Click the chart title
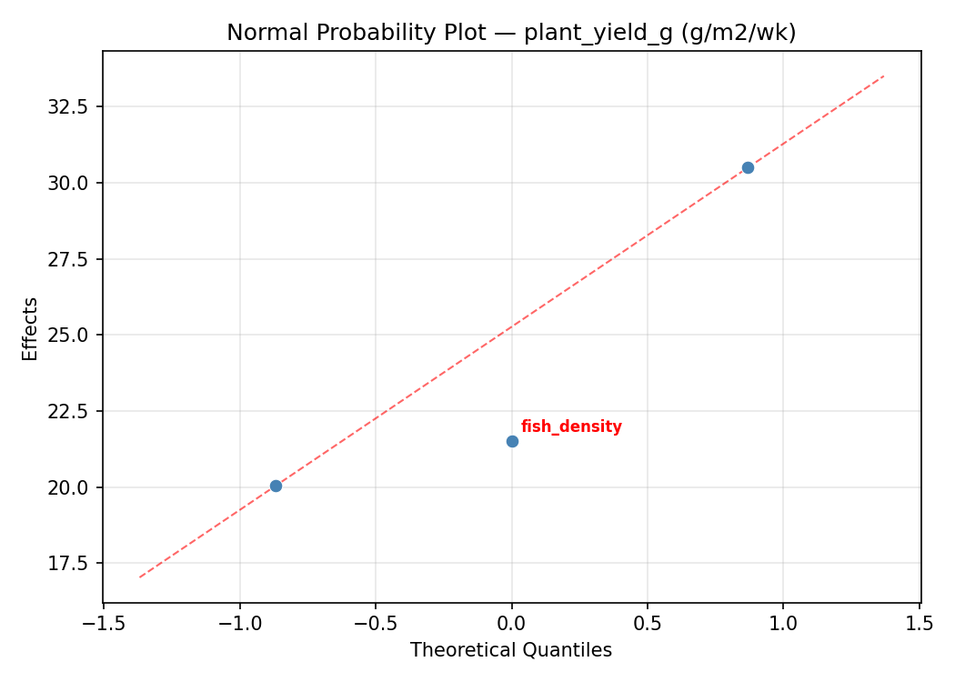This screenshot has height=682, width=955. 511,33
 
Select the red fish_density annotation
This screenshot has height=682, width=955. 571,426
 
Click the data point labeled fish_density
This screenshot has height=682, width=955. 512,441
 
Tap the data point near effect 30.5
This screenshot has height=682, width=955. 748,167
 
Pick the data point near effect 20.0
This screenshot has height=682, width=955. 276,486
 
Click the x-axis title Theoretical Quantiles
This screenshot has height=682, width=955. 511,650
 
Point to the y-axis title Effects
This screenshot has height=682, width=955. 31,328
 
